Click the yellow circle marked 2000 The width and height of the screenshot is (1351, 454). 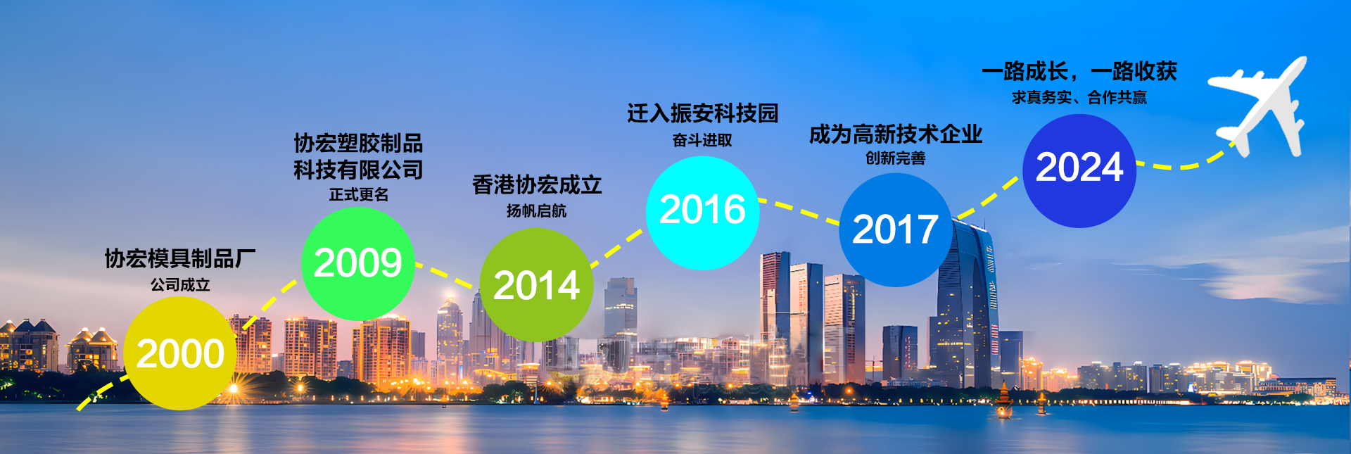click(180, 353)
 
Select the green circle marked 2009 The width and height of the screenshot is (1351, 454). click(357, 263)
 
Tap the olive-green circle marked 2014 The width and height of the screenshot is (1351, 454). click(536, 285)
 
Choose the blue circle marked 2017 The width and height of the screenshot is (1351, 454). click(895, 230)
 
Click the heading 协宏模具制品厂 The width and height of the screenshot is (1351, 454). click(180, 258)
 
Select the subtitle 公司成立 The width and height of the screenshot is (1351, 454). click(180, 284)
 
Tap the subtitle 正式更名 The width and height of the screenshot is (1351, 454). click(358, 194)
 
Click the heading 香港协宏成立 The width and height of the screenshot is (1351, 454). click(537, 184)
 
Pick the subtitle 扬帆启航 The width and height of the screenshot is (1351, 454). click(536, 210)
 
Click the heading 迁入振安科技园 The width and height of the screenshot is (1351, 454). click(702, 113)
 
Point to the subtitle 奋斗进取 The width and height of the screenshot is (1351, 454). click(702, 140)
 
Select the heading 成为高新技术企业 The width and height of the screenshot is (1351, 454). click(895, 134)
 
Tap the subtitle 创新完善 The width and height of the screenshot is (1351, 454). click(895, 158)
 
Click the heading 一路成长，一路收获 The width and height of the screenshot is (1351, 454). click(1079, 71)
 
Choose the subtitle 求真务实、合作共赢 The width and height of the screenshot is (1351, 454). click(1079, 97)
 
